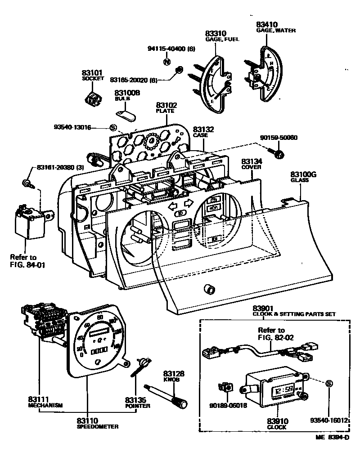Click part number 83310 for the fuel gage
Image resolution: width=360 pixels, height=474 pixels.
pos(216,34)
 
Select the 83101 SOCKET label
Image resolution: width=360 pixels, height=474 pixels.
pos(93,75)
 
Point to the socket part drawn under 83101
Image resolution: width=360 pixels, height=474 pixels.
pos(93,98)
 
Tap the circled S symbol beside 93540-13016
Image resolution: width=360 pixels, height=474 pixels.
pos(113,128)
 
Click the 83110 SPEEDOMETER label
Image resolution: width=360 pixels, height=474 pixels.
pos(98,423)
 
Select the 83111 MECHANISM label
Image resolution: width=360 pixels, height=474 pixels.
pos(44,402)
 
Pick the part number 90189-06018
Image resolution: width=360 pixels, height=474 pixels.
pos(228,405)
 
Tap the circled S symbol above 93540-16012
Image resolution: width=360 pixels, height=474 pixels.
pos(329,383)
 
